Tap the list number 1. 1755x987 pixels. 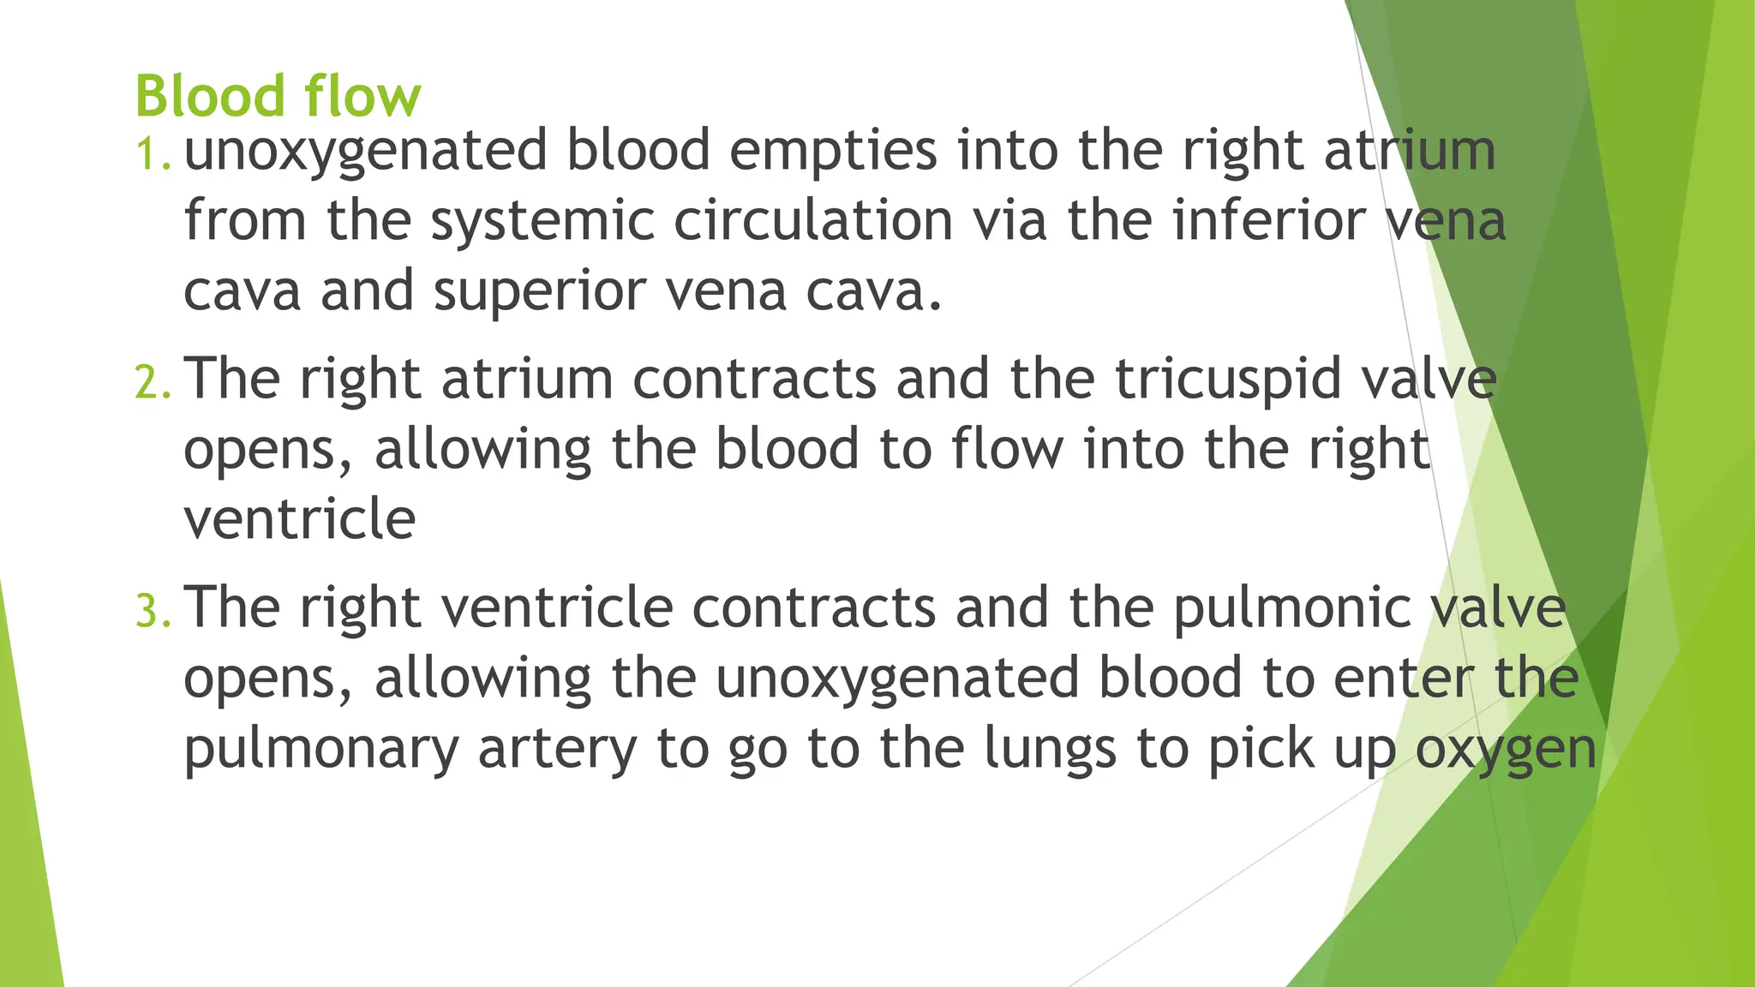[154, 155]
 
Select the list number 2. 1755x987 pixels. [154, 382]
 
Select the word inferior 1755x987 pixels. [1269, 221]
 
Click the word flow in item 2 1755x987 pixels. [1007, 449]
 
